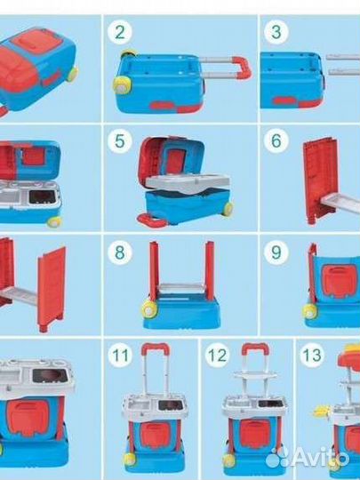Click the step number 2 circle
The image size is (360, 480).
pos(120,33)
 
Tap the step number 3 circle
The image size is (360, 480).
pos(276,32)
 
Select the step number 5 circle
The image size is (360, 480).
pos(120,141)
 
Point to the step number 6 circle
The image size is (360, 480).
pos(276,140)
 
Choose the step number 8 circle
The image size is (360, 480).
pos(120,252)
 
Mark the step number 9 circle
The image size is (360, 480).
pos(276,252)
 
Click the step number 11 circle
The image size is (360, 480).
pos(120,355)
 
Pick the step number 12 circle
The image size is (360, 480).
pos(218,355)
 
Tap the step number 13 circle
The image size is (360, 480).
pos(312,355)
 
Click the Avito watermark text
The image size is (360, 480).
pos(308,459)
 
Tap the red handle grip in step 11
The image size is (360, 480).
pos(156,348)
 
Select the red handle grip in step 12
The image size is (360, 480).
pos(256,348)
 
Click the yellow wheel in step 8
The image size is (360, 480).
pos(149,310)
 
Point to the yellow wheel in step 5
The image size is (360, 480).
pos(228,209)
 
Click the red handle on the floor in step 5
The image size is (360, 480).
pos(151,221)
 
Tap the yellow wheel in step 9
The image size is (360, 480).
pos(310,312)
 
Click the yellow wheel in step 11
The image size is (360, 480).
pos(130,460)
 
